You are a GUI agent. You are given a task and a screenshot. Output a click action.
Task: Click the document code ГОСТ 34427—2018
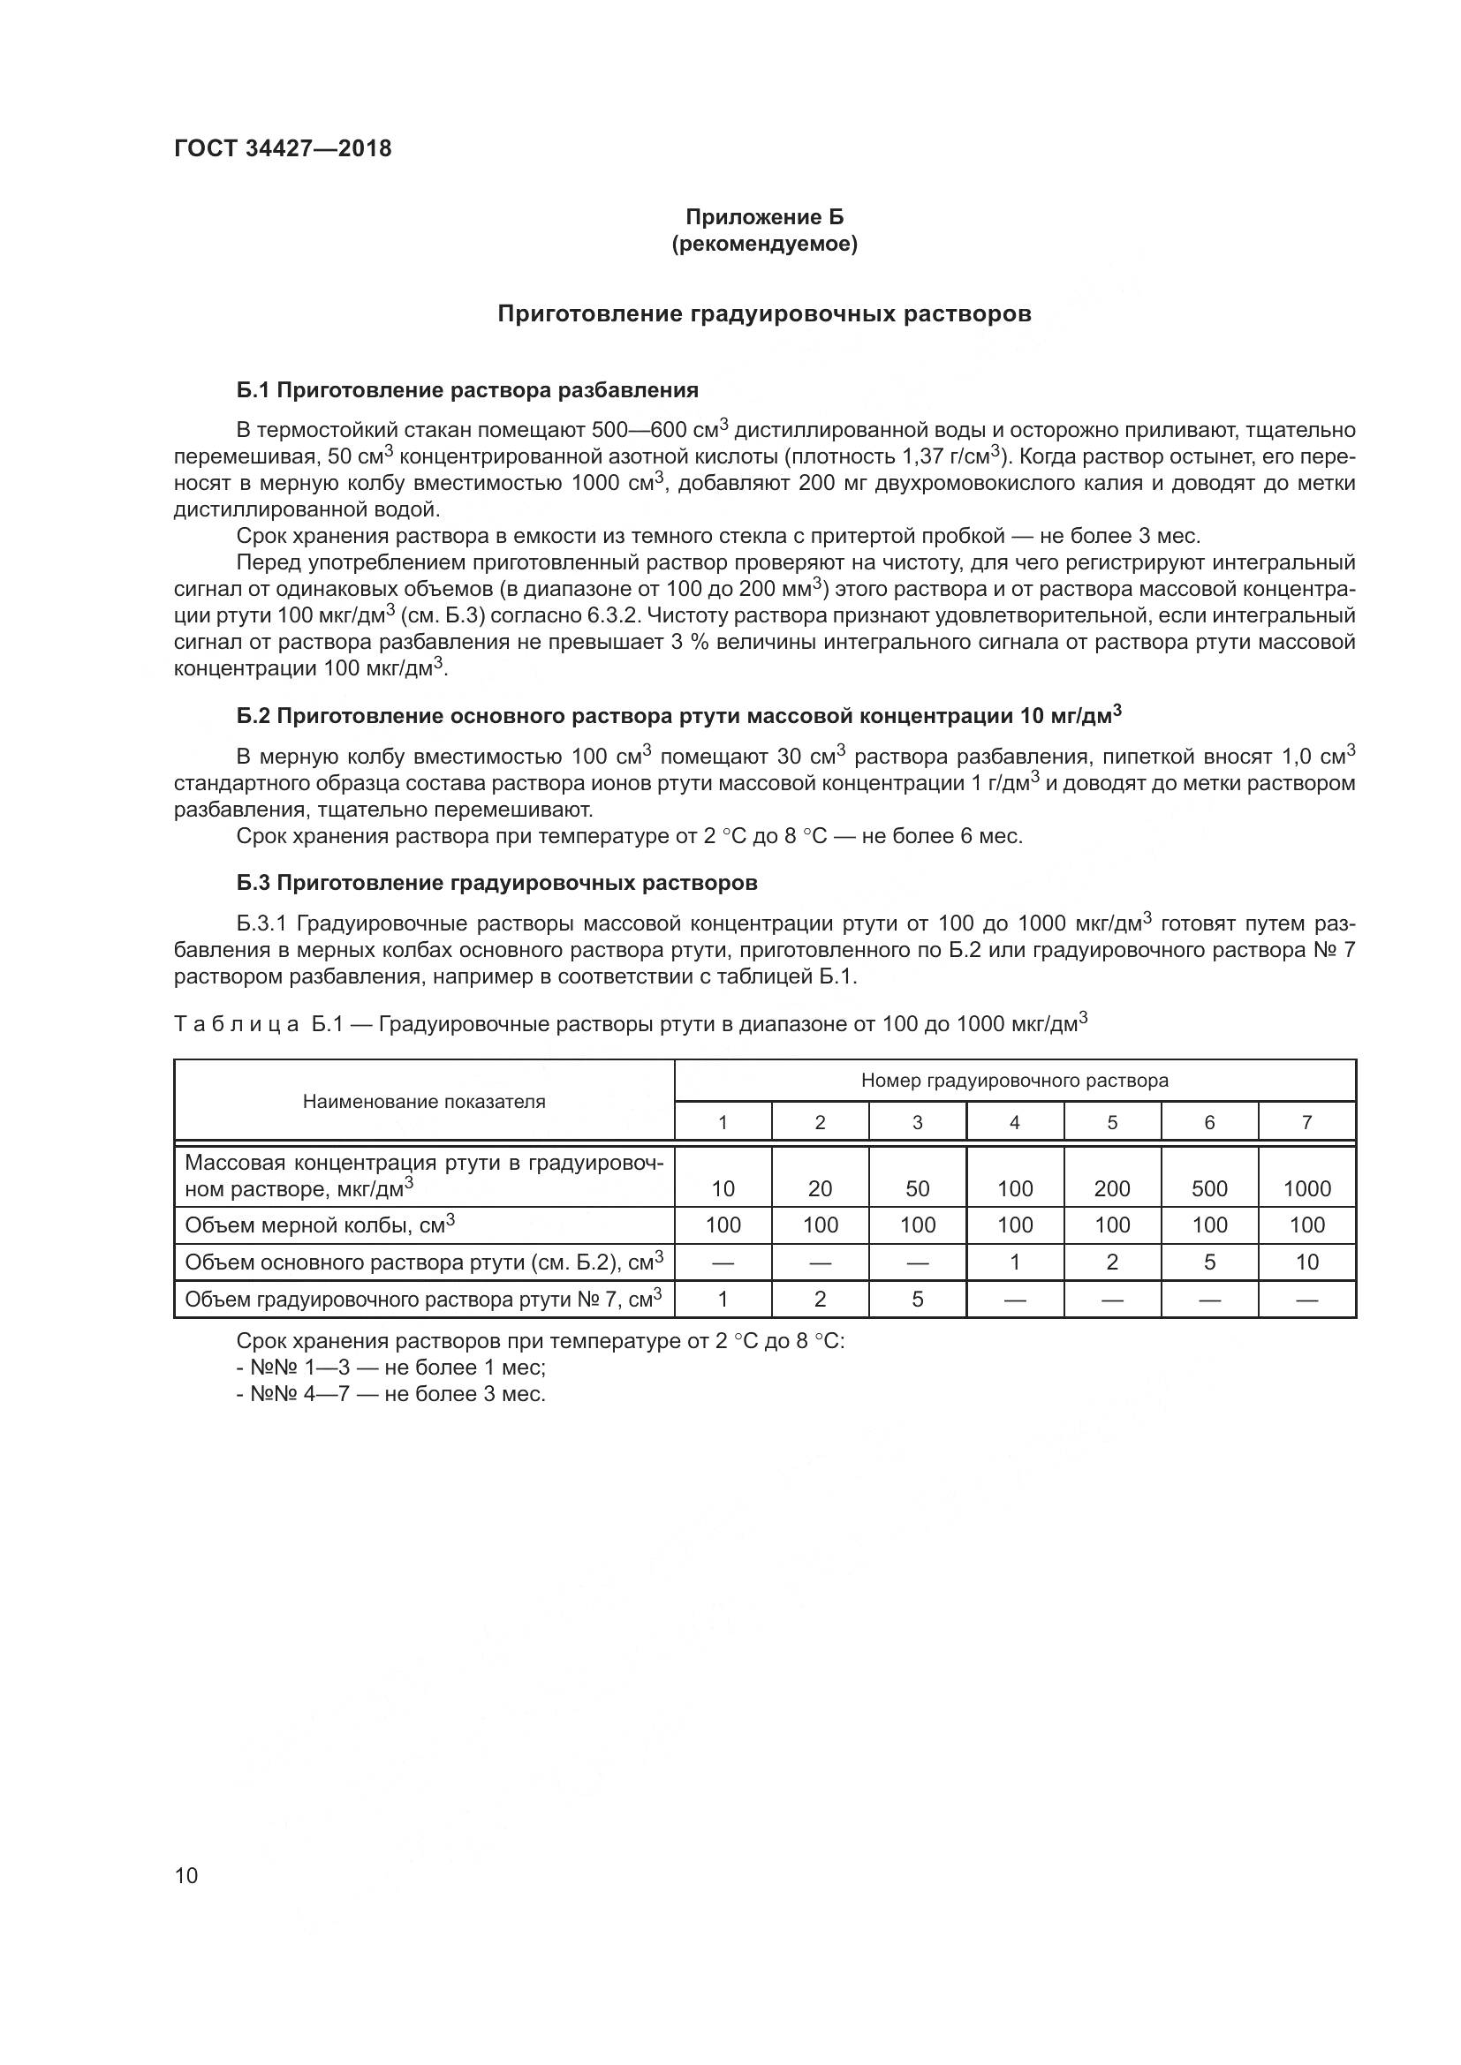(283, 149)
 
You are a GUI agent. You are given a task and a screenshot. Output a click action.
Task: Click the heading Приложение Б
(764, 217)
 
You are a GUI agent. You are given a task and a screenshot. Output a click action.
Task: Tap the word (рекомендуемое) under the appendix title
(764, 244)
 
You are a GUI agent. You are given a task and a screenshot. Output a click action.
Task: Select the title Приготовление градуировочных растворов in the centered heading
(764, 314)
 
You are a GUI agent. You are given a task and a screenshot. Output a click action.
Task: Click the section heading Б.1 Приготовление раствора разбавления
(467, 390)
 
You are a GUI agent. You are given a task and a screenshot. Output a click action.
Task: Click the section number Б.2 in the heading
(254, 716)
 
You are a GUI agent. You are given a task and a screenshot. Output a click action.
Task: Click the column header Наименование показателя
(424, 1102)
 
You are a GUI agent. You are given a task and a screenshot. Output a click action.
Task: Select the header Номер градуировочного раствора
(1014, 1080)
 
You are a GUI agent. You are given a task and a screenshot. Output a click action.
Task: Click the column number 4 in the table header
(1014, 1122)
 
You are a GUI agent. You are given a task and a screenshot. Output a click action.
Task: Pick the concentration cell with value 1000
(1306, 1189)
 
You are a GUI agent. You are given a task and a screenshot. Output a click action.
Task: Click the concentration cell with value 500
(1209, 1189)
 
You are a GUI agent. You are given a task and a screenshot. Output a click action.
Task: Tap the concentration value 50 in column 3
(917, 1189)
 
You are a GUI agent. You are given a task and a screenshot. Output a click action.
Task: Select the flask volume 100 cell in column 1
(723, 1225)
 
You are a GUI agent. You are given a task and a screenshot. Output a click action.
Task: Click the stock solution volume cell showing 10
(1306, 1262)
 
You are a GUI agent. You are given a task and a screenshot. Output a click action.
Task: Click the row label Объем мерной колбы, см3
(320, 1225)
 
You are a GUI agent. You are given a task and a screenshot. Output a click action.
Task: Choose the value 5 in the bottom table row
(917, 1300)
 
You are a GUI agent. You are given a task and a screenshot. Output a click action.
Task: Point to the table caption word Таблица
(236, 1024)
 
